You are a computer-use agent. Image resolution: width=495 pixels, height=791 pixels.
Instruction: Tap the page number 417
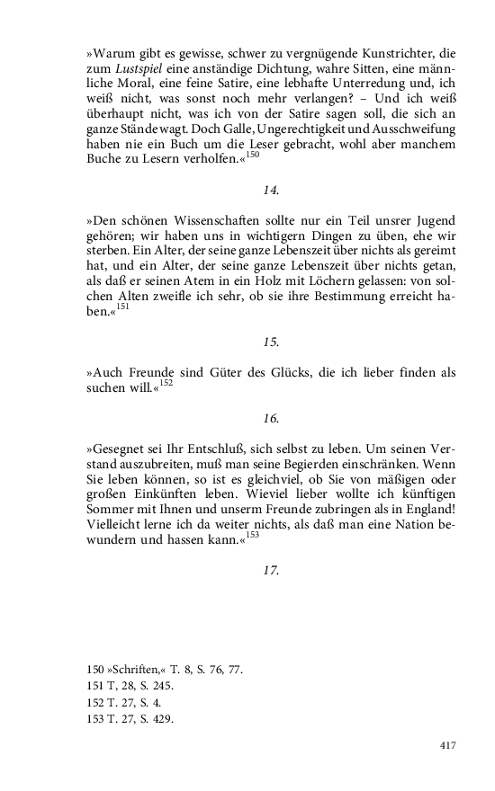pyautogui.click(x=449, y=745)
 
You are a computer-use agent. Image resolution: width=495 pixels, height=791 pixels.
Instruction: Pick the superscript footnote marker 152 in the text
pyautogui.click(x=166, y=383)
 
